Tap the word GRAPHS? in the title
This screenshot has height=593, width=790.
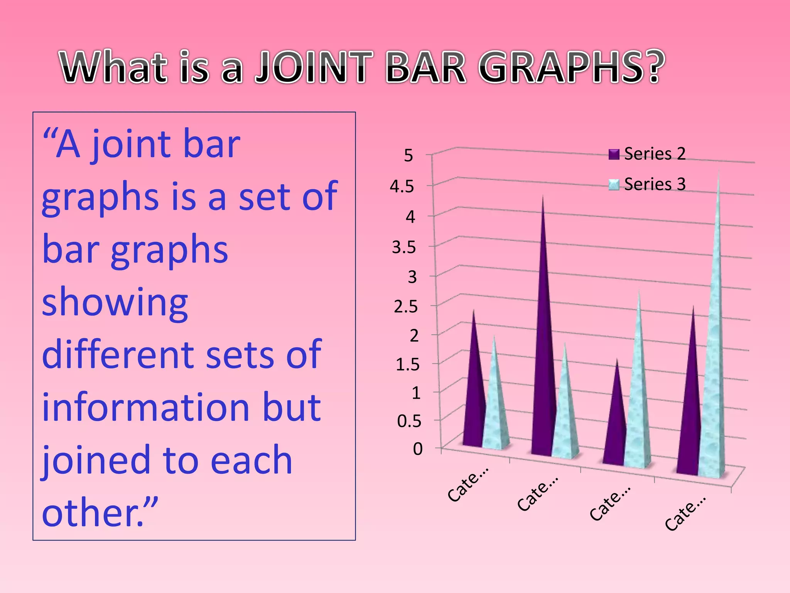click(x=571, y=68)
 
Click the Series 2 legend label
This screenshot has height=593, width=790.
click(x=655, y=154)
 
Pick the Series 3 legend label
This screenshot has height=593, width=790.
click(x=655, y=184)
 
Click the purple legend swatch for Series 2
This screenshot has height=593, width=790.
click(x=614, y=154)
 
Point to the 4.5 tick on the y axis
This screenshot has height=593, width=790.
click(x=402, y=187)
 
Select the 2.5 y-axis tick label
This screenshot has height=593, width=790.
click(x=406, y=307)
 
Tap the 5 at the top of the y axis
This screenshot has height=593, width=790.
click(x=408, y=156)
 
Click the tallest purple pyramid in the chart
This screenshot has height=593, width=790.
click(x=543, y=347)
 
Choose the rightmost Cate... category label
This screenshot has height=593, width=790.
click(x=685, y=513)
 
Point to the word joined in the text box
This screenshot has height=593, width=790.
click(x=96, y=460)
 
